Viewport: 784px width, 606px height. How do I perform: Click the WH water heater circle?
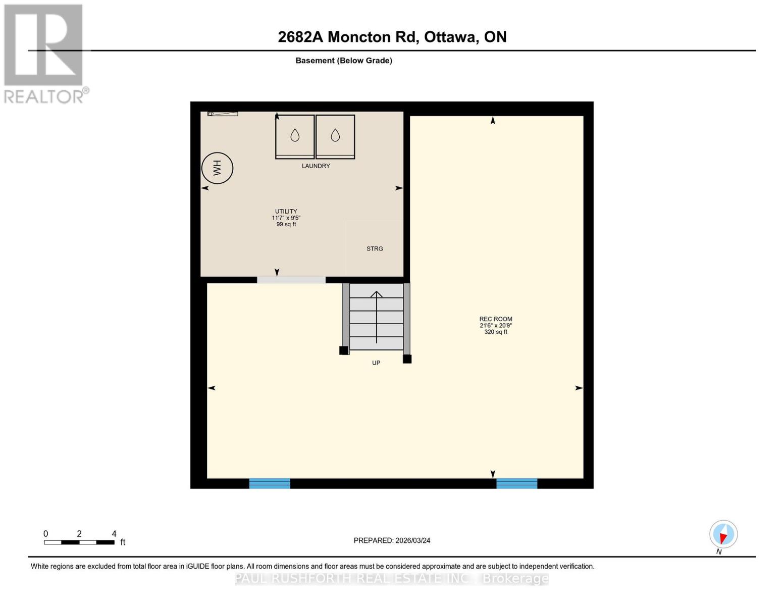(x=217, y=168)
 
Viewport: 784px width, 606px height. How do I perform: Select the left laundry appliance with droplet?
(x=295, y=136)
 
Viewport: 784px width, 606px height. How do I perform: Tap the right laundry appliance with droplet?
(x=335, y=136)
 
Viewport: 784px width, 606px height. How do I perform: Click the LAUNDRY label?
(x=316, y=166)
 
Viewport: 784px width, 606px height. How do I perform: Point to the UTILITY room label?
(x=286, y=212)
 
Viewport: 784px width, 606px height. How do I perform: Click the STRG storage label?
(x=375, y=249)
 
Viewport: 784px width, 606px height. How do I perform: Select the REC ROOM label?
(x=495, y=319)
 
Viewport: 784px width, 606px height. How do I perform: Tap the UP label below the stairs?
(x=376, y=363)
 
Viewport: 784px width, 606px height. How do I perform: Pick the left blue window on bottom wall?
(x=270, y=483)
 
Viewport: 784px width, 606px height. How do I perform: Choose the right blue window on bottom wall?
(x=516, y=483)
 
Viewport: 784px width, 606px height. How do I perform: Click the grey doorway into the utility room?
(x=291, y=280)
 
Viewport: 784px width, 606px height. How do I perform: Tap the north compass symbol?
(x=723, y=534)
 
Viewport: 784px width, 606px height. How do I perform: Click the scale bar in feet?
(x=79, y=542)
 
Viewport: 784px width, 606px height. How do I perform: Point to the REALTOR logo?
(x=44, y=54)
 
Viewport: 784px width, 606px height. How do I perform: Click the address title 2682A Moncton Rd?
(x=392, y=37)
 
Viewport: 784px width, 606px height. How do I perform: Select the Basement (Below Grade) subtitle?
(x=343, y=61)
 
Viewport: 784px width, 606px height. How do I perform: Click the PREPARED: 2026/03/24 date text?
(x=392, y=540)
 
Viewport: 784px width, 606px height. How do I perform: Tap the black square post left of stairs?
(x=344, y=350)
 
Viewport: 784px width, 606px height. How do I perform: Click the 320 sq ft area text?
(x=495, y=332)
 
